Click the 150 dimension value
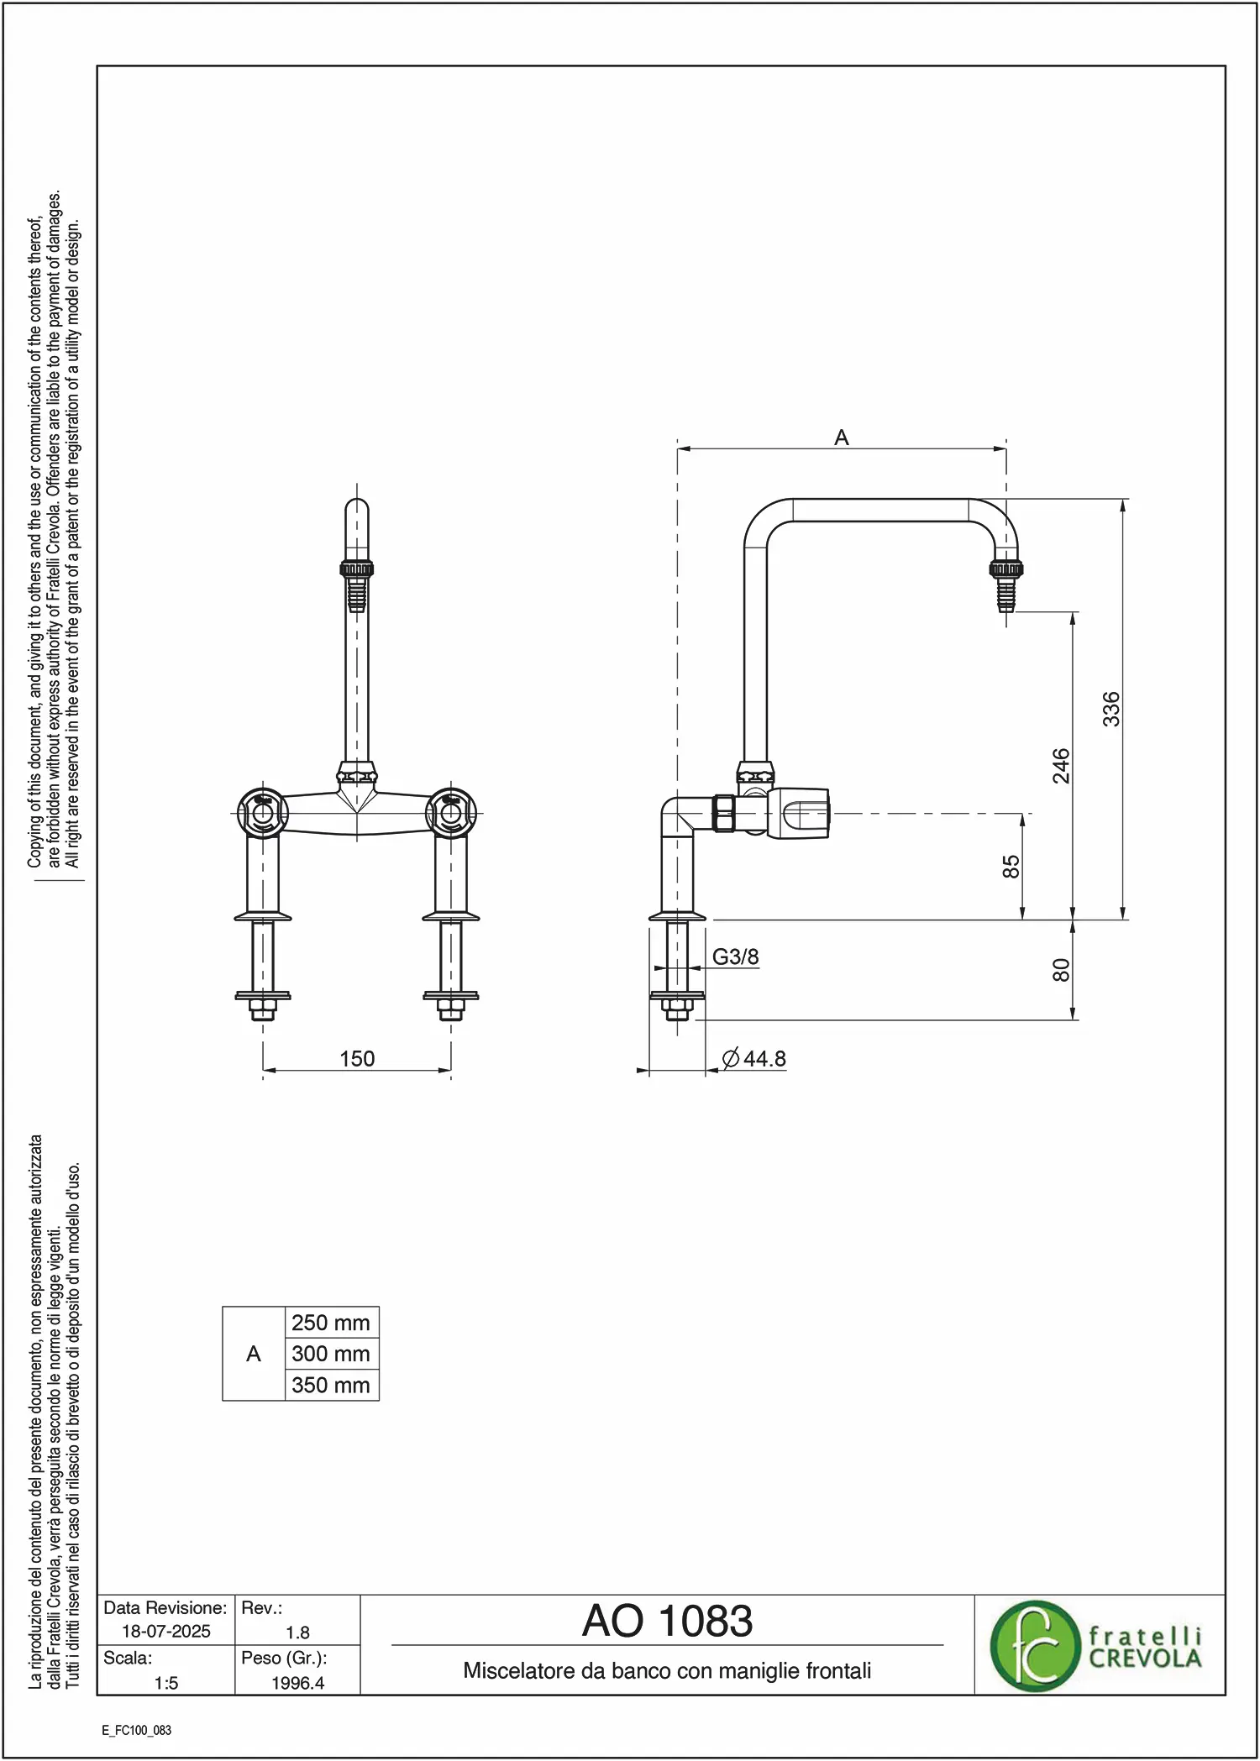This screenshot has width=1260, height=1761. [x=357, y=1058]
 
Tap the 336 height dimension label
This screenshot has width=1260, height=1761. [x=1111, y=709]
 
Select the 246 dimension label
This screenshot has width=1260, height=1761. [x=1062, y=766]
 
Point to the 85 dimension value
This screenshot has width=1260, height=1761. [x=1011, y=867]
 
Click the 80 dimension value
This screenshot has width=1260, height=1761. [x=1062, y=970]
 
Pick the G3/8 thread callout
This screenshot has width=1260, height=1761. [x=735, y=956]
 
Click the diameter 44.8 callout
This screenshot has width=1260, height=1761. [x=754, y=1058]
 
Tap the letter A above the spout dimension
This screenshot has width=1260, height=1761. [x=842, y=438]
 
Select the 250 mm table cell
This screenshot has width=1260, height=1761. [x=331, y=1323]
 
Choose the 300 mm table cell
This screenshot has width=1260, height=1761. [x=331, y=1354]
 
